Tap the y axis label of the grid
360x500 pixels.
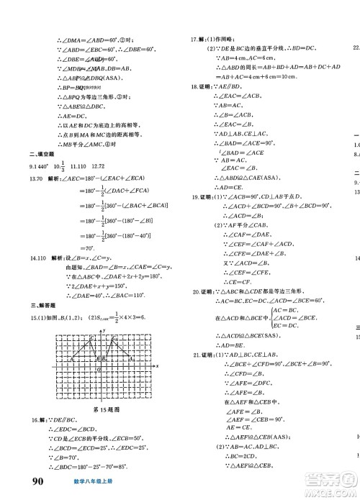point(104,311)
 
